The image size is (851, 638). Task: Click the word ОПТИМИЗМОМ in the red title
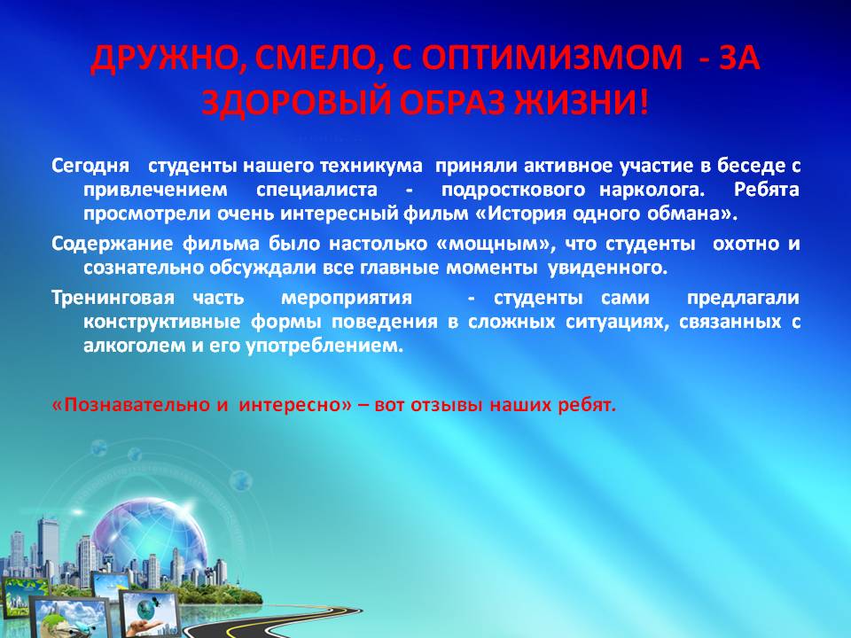[x=552, y=58]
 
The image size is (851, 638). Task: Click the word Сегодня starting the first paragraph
[x=90, y=166]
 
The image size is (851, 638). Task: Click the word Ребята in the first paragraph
[x=766, y=190]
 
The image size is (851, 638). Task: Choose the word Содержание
[x=113, y=245]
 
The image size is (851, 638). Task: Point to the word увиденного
[x=607, y=268]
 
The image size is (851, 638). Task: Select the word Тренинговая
[x=113, y=298]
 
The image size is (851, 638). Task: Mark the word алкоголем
[x=135, y=346]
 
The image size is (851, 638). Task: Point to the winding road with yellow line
[x=282, y=619]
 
